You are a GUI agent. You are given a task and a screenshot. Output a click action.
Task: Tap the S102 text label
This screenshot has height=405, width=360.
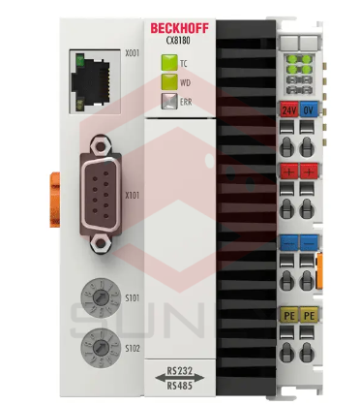tap(133, 346)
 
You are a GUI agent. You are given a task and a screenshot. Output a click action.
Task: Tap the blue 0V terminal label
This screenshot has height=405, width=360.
tap(311, 109)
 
